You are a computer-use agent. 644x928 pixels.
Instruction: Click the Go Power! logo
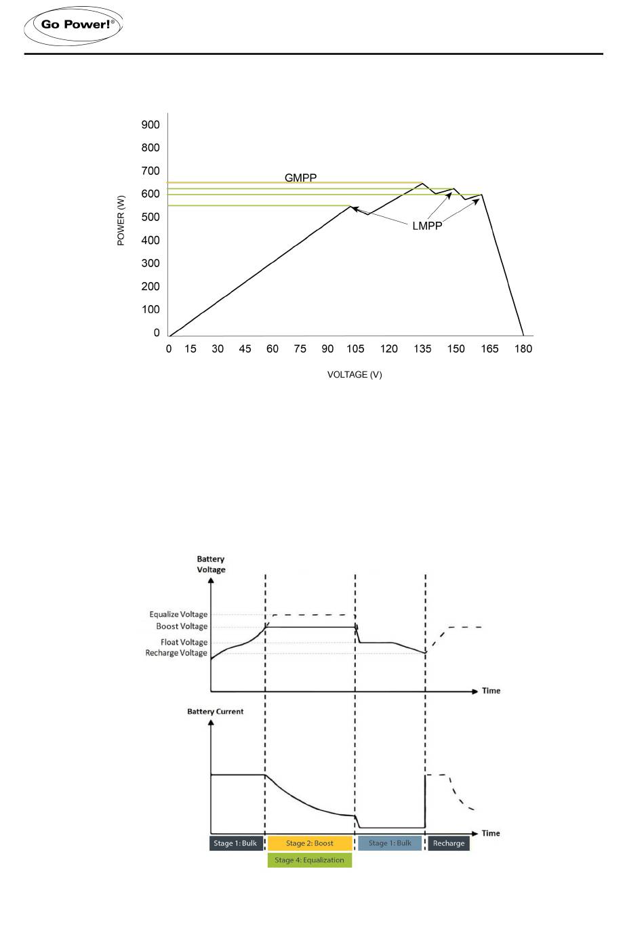73,25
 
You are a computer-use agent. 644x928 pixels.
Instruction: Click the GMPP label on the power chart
300,178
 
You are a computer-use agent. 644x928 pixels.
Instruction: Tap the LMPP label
427,226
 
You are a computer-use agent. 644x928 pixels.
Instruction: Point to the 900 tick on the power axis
150,125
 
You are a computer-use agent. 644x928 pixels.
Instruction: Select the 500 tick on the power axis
150,217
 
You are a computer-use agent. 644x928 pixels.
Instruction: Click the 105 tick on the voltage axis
355,348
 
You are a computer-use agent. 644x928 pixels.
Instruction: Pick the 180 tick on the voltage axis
523,348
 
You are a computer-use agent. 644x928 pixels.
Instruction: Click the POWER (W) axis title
121,220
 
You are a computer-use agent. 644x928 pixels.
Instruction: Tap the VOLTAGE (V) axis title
355,375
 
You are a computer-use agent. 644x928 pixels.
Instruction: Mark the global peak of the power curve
422,183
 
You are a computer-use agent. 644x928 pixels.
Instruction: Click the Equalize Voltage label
178,615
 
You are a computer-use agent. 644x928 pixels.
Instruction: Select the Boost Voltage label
182,626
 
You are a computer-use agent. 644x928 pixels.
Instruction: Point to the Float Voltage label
184,642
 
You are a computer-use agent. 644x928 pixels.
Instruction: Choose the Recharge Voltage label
176,653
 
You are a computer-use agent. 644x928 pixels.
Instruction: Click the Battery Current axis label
215,712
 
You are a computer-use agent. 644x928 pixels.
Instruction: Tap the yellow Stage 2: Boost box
310,843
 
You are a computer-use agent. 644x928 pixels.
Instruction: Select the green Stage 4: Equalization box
310,860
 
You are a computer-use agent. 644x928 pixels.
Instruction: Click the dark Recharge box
449,843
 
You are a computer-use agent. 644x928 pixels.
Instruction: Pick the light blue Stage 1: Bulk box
390,843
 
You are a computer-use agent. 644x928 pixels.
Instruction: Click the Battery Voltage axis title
211,565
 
